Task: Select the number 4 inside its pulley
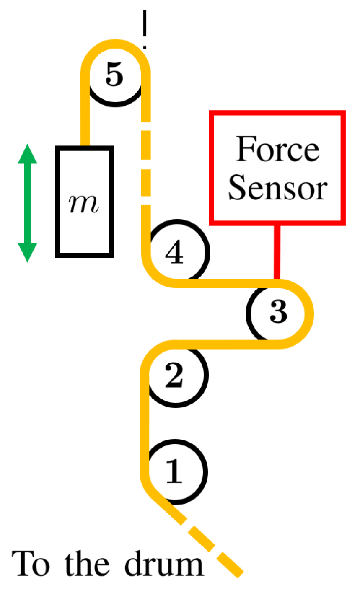click(174, 253)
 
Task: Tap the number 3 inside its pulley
click(278, 312)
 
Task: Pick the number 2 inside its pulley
click(174, 375)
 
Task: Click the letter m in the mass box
click(85, 204)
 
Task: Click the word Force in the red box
click(277, 149)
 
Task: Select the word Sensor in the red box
click(277, 189)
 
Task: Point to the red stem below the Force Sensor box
click(276, 251)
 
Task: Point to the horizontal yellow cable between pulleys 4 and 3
click(226, 283)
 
